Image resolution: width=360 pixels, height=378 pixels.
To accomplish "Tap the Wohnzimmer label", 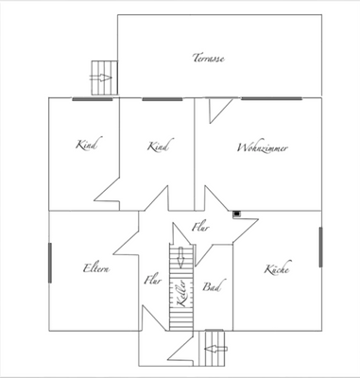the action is click(x=263, y=148).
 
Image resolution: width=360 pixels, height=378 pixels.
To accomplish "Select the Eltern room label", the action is click(x=95, y=269).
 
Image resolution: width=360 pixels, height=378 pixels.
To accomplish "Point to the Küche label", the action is click(x=276, y=269).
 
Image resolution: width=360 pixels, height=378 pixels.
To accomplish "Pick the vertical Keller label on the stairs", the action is click(x=180, y=300).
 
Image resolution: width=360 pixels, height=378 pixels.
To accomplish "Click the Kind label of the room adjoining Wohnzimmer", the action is click(x=158, y=146).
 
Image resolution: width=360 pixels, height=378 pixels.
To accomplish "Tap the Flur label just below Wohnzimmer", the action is click(x=200, y=228).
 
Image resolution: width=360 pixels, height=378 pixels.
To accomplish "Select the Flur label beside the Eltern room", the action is click(x=151, y=280).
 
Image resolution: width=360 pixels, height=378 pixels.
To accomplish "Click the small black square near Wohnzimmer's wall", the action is click(x=237, y=213).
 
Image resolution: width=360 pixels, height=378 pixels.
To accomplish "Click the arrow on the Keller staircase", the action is click(x=178, y=257).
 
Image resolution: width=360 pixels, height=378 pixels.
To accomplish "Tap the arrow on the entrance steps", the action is click(x=215, y=348).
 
